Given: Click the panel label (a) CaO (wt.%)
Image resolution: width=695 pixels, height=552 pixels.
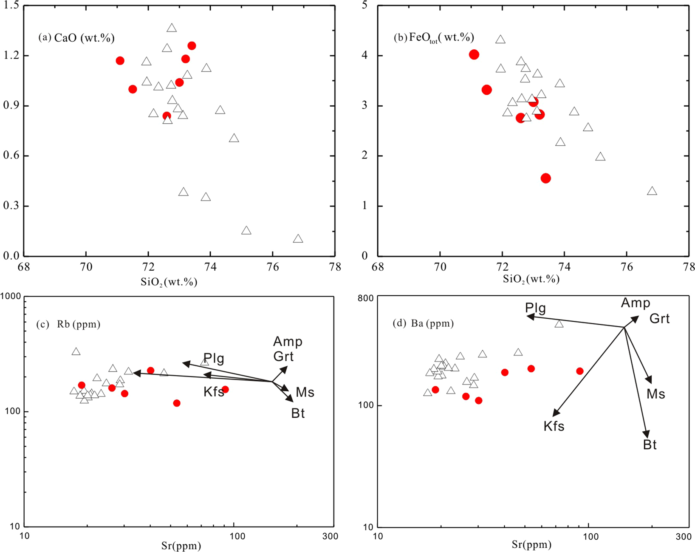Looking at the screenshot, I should [x=76, y=38].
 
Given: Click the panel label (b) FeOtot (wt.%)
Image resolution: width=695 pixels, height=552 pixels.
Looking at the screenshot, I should [x=434, y=37].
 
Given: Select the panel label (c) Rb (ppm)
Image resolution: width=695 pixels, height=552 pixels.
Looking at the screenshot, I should [x=68, y=325].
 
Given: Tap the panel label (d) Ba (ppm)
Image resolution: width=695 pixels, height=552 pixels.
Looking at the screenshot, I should [x=423, y=324].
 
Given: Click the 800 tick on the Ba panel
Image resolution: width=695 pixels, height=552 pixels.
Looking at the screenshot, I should [x=365, y=298].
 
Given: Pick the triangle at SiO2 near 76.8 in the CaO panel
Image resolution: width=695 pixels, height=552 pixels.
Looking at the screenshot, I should [x=298, y=238].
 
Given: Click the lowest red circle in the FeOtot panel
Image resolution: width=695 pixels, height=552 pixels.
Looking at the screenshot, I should [x=546, y=178].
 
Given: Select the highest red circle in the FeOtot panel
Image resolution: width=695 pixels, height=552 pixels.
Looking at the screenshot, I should [x=474, y=54].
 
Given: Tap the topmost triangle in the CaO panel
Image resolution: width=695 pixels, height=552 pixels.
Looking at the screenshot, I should [x=172, y=28].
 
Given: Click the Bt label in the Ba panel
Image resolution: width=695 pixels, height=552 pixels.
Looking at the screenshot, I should [x=650, y=445].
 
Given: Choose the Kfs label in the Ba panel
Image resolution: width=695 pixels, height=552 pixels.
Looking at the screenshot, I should [x=554, y=426].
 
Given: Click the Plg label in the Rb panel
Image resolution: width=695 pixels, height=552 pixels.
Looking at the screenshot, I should [x=214, y=358].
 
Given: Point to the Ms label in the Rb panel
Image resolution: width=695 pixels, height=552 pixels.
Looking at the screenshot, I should [x=305, y=392].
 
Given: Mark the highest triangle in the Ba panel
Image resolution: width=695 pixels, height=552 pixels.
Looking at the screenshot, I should [x=559, y=324].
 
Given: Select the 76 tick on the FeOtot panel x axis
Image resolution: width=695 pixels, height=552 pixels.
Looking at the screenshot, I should [x=627, y=267].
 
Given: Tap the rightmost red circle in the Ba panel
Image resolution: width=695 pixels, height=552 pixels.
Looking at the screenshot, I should [x=580, y=371].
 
